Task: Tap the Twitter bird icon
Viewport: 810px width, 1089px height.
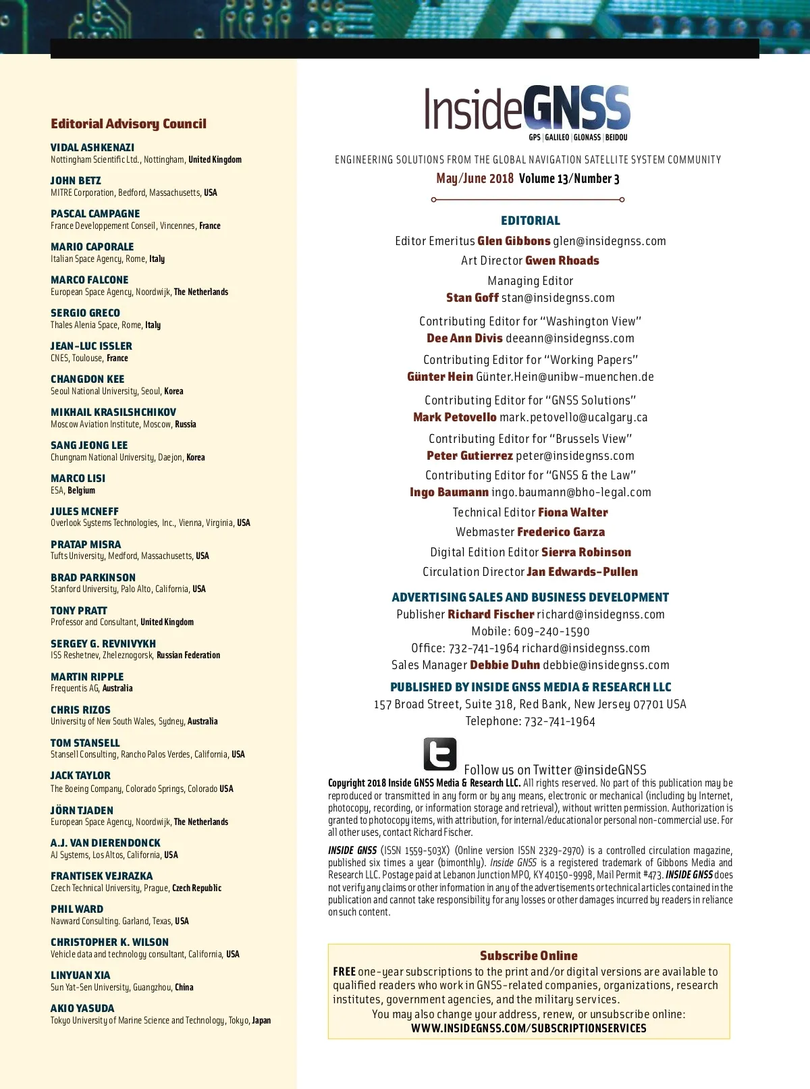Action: click(x=440, y=754)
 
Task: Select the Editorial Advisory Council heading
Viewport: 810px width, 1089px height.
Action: click(x=128, y=124)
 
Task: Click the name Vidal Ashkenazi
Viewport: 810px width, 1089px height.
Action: click(x=92, y=147)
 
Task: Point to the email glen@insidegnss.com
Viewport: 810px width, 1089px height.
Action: click(x=610, y=241)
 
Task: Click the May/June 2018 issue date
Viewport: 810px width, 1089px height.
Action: click(x=475, y=179)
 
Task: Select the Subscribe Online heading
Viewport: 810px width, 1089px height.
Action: click(x=529, y=955)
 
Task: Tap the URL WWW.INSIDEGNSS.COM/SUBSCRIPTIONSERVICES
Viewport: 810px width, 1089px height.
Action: click(x=529, y=1028)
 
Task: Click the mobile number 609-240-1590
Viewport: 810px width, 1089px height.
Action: click(x=551, y=631)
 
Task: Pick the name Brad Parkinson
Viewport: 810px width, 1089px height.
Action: click(x=93, y=577)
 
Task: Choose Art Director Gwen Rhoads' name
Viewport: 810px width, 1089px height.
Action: click(x=562, y=261)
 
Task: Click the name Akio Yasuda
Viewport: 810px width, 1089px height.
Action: click(x=82, y=1008)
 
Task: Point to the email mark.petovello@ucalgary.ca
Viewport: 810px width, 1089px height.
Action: click(x=574, y=417)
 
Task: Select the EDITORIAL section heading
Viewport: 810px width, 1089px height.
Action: click(x=531, y=221)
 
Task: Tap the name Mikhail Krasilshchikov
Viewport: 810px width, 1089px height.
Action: click(x=113, y=412)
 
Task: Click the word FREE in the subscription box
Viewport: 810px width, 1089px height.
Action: click(x=344, y=972)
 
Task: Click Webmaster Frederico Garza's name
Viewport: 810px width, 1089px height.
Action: click(x=561, y=532)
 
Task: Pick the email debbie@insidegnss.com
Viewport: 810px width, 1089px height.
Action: click(x=606, y=665)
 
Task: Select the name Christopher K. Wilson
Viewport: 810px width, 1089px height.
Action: click(x=109, y=942)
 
